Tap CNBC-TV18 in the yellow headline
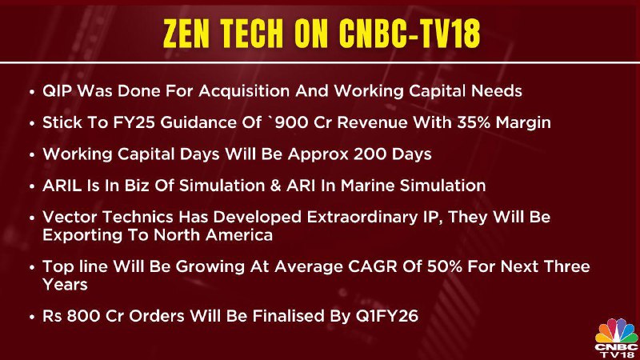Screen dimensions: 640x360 tap(410, 34)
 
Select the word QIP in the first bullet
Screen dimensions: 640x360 tap(57, 91)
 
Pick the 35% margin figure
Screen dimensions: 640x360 tap(474, 122)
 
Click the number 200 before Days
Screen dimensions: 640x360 tap(370, 154)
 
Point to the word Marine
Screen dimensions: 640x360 tap(367, 186)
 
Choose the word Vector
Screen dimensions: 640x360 tap(70, 217)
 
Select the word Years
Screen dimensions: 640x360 tap(65, 285)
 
